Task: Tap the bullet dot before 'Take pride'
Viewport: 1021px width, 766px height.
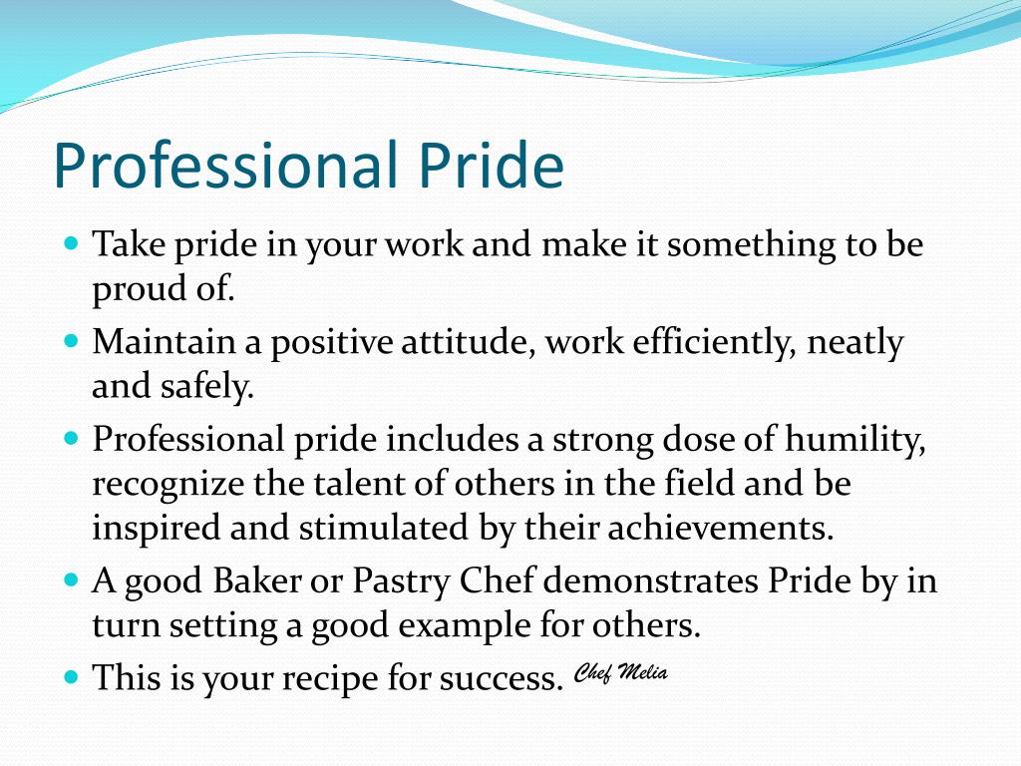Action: coord(71,242)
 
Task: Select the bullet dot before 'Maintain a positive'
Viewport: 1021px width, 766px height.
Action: coord(71,340)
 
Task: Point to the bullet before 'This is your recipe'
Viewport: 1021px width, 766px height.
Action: coord(71,675)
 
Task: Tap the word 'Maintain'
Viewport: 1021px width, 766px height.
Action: coord(165,342)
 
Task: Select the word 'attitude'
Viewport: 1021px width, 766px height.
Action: coord(457,342)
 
